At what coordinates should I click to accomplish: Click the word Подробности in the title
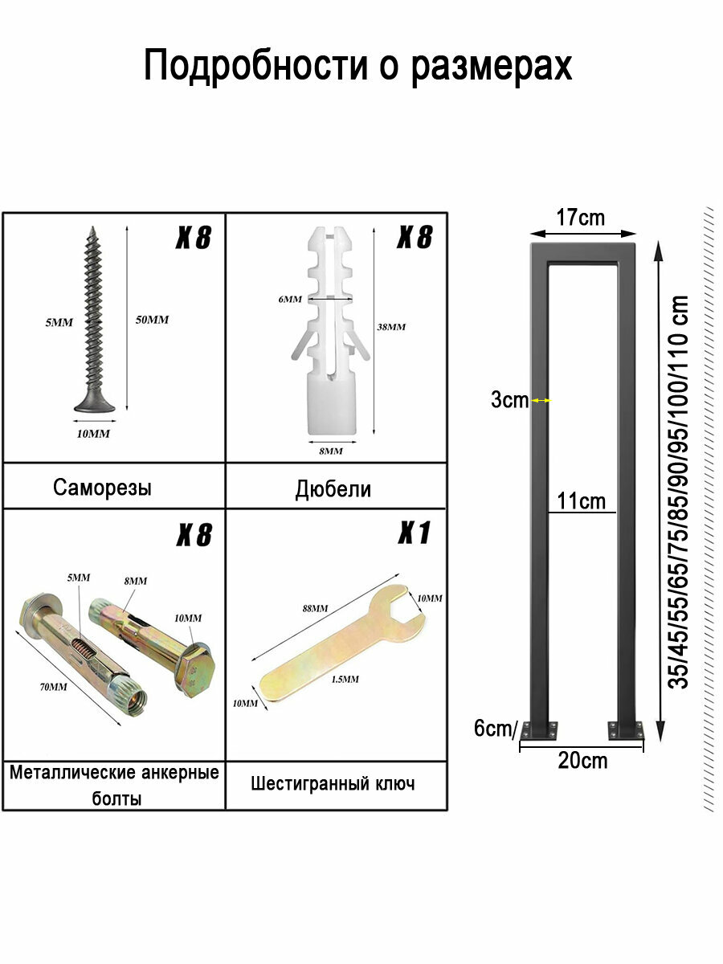255,67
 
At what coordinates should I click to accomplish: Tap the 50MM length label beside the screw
152,320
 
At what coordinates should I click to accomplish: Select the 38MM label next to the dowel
391,327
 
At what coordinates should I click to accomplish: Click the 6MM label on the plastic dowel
290,299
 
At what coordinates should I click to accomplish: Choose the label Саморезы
102,488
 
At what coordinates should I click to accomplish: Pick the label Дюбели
333,488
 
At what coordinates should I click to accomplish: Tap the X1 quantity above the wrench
414,533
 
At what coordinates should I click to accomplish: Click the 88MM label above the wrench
315,608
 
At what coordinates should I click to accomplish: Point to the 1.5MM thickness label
345,679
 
